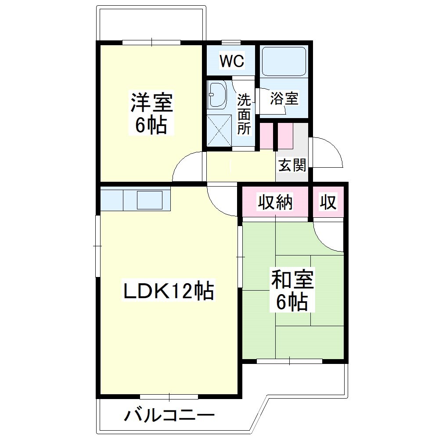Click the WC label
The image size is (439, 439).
[x=232, y=61]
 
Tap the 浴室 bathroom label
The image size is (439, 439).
[x=284, y=98]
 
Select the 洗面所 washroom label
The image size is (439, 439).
[x=244, y=114]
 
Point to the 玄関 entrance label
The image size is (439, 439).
[x=292, y=165]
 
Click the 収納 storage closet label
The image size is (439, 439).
[x=275, y=202]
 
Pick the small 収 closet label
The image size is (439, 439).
[x=328, y=202]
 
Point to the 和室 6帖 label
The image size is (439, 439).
[x=292, y=290]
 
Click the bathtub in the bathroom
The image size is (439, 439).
[x=283, y=61]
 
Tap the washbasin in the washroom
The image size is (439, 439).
[x=218, y=94]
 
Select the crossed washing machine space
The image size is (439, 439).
[x=219, y=130]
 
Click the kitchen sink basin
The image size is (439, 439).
[x=150, y=200]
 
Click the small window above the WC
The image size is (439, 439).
[x=231, y=43]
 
